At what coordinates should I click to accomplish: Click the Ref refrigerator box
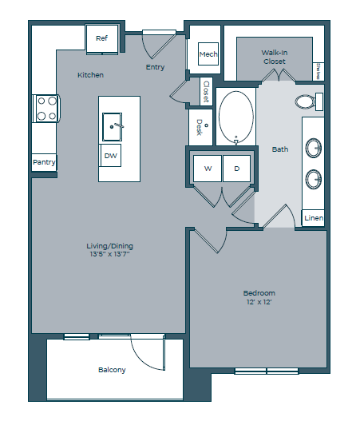point(102,38)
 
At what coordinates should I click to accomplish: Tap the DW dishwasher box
point(111,156)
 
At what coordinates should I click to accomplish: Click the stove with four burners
point(45,108)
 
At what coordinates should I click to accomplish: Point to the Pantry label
point(43,162)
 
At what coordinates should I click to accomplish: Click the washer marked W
point(208,169)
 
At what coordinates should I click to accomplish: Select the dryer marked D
point(236,169)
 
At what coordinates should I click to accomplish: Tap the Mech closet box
point(208,55)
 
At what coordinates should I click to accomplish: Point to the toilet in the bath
point(306,101)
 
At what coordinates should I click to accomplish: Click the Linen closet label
point(314,218)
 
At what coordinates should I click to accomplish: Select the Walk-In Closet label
point(275,56)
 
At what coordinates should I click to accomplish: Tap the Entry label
point(155,67)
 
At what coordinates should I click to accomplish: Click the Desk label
point(200,127)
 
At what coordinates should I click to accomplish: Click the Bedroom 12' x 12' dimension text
point(259,304)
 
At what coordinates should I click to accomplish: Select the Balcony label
point(112,370)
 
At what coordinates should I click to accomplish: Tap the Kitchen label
point(90,75)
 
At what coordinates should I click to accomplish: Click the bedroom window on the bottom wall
point(267,371)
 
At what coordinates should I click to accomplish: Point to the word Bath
point(280,149)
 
